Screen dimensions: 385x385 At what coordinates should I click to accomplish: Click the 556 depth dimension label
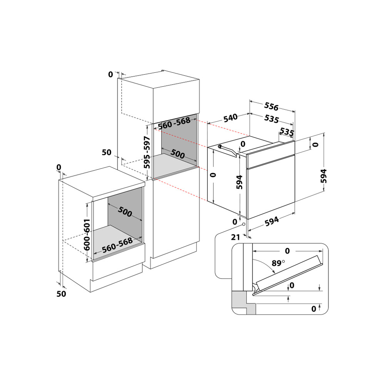[271, 106]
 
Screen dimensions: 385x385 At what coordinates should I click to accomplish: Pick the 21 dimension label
[236, 237]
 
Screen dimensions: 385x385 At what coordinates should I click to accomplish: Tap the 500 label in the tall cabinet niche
[177, 154]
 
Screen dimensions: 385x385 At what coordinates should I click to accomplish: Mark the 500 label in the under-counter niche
[125, 212]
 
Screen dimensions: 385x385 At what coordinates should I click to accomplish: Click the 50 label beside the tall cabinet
[107, 152]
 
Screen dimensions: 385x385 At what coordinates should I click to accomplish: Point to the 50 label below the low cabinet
[61, 294]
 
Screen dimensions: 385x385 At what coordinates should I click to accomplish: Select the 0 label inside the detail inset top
[287, 251]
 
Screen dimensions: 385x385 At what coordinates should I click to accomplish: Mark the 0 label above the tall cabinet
[111, 74]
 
